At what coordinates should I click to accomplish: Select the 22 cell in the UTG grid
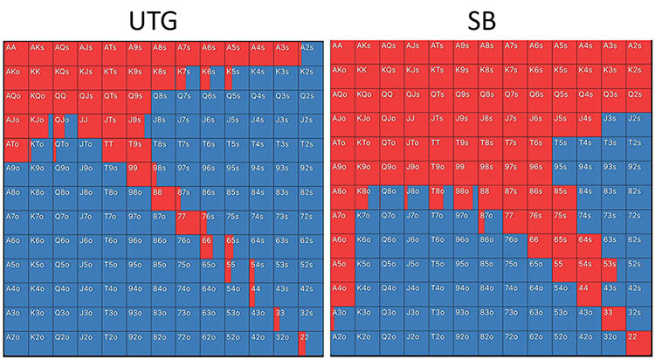309,343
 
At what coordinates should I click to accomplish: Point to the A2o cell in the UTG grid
16,343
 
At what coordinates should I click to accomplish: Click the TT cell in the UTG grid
114,148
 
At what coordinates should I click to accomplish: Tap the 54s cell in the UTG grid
260,270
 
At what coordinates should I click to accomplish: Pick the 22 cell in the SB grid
638,343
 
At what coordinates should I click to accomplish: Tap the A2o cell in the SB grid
344,343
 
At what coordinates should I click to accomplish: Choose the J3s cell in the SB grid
613,123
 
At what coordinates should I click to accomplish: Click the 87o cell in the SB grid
491,221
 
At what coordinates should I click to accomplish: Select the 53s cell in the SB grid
613,270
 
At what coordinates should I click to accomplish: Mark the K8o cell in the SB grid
369,197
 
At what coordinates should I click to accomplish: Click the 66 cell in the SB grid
540,246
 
